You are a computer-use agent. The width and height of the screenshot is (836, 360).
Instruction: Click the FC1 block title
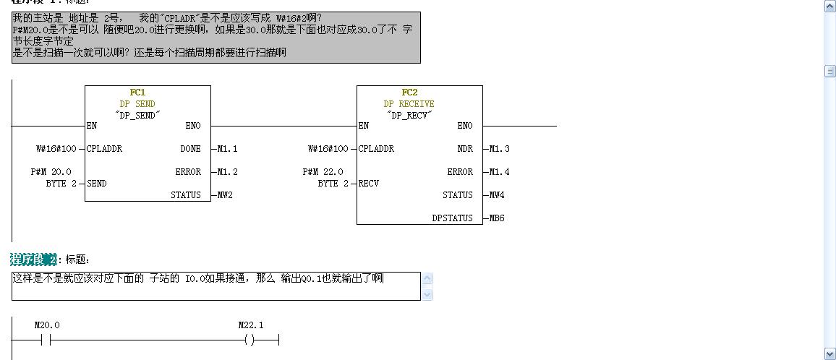137,93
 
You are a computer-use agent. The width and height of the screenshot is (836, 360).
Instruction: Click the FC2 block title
409,93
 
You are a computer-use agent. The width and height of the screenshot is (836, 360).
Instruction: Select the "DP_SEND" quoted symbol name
137,115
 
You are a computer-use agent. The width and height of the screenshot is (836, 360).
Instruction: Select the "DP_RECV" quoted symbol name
409,115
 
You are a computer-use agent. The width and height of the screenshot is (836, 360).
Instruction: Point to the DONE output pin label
190,149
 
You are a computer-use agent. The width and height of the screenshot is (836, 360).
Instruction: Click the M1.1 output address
227,149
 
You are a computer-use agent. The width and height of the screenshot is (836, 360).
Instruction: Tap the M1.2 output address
227,172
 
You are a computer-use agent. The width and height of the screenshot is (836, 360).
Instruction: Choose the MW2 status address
225,195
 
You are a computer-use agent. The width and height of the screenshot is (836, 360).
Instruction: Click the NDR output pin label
465,149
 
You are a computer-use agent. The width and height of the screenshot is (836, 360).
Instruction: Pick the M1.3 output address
499,149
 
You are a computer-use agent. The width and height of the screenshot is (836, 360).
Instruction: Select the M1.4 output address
499,172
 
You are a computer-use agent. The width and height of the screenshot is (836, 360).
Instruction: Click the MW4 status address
497,195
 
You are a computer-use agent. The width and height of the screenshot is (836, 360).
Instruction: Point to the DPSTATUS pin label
452,218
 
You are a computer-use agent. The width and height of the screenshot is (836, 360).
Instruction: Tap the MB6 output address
497,218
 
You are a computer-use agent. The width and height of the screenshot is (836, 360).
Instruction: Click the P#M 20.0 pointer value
51,172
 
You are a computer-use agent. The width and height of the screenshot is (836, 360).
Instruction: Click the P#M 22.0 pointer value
323,172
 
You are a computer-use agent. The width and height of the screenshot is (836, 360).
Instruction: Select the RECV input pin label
370,184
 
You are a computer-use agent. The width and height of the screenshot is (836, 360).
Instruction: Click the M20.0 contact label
47,325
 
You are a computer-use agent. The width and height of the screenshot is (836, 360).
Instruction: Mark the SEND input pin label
97,184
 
